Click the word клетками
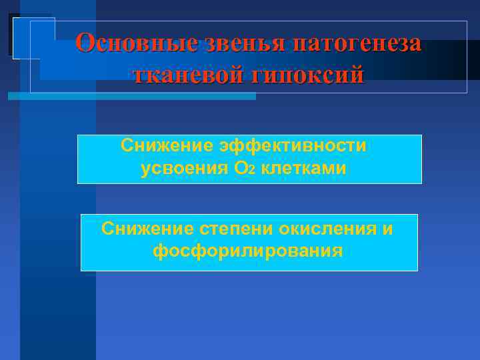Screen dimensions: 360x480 [x=303, y=169]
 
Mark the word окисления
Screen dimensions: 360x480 [x=323, y=229]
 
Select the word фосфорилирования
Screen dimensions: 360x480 [x=247, y=251]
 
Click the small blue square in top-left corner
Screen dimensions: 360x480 [x=31, y=37]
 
